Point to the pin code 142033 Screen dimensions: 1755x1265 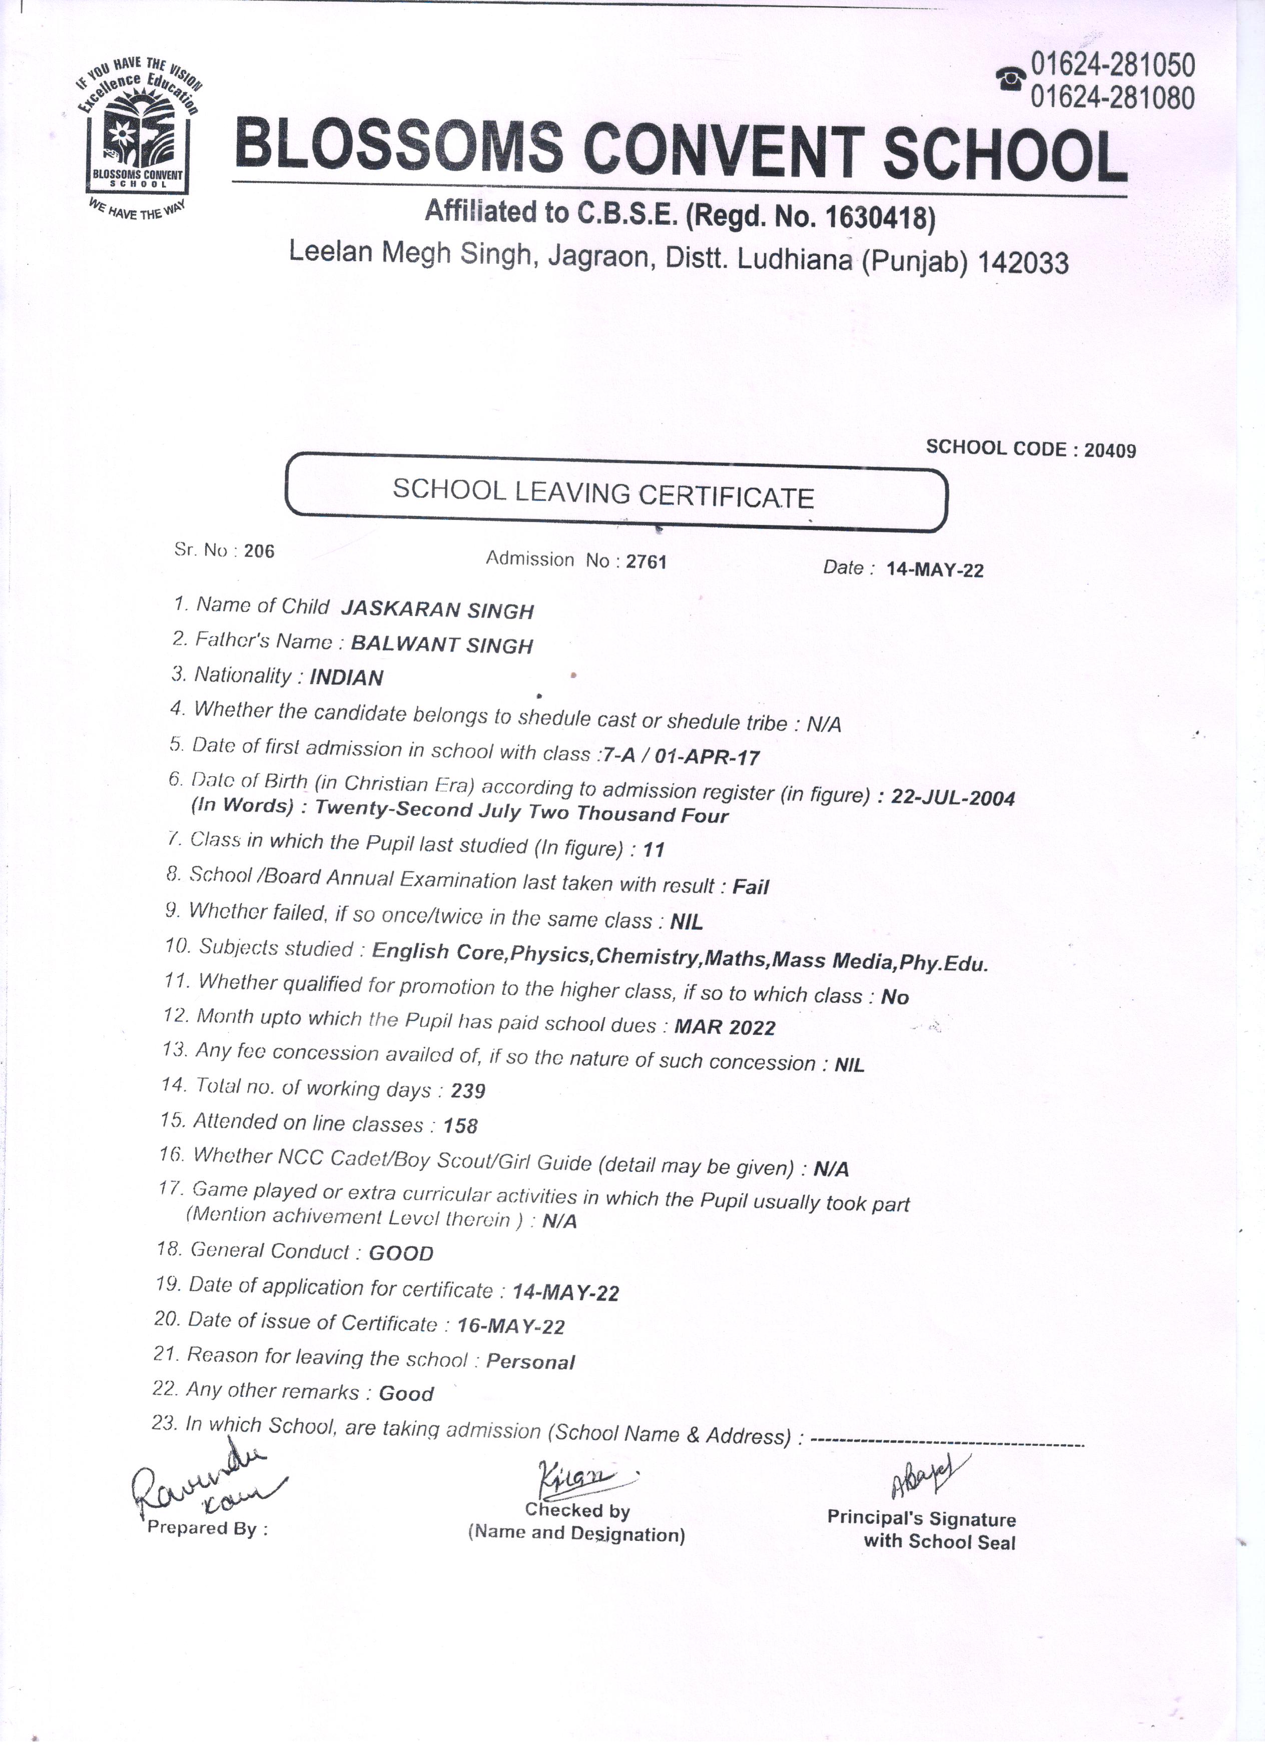coord(1023,264)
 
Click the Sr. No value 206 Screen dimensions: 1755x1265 coord(259,551)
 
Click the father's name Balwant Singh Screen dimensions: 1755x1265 coord(442,645)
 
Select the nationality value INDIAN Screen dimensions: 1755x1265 coord(347,678)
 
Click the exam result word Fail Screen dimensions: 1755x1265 coord(751,887)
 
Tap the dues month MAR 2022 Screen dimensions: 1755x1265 coord(725,1027)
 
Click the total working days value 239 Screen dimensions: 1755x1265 coord(468,1091)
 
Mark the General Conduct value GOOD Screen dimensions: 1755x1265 coord(401,1253)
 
